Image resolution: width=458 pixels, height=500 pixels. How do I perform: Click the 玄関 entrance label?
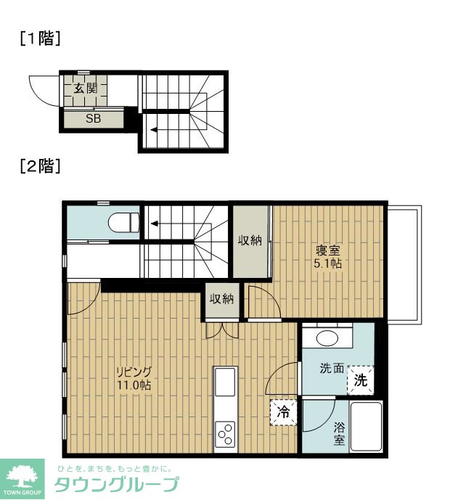(x=86, y=88)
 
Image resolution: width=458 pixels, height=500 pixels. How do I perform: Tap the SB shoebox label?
(x=93, y=118)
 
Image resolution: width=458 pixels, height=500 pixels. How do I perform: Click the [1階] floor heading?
(x=40, y=38)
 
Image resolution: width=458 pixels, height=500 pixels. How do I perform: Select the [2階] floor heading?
(x=40, y=165)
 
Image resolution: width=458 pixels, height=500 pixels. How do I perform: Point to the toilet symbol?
(x=123, y=222)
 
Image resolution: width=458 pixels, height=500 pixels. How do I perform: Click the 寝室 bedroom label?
(x=328, y=250)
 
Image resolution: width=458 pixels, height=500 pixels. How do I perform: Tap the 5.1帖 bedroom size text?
(x=328, y=263)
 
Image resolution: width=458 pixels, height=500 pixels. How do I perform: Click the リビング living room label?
(x=134, y=372)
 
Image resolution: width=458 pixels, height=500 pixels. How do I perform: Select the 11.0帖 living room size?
(x=134, y=385)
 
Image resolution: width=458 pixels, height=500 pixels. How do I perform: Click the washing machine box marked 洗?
(x=361, y=380)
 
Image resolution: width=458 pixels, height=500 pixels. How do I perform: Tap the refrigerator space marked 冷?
(x=283, y=412)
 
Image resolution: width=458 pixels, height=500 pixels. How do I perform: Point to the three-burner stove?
(x=225, y=434)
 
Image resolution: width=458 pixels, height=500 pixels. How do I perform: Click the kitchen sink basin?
(x=225, y=382)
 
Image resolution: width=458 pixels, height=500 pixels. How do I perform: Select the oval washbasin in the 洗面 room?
(x=327, y=338)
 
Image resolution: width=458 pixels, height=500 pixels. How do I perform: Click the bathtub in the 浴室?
(x=366, y=426)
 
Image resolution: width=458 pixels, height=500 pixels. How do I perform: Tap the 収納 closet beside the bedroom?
(x=250, y=242)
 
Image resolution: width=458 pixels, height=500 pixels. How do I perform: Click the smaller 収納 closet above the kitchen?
(x=222, y=300)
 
